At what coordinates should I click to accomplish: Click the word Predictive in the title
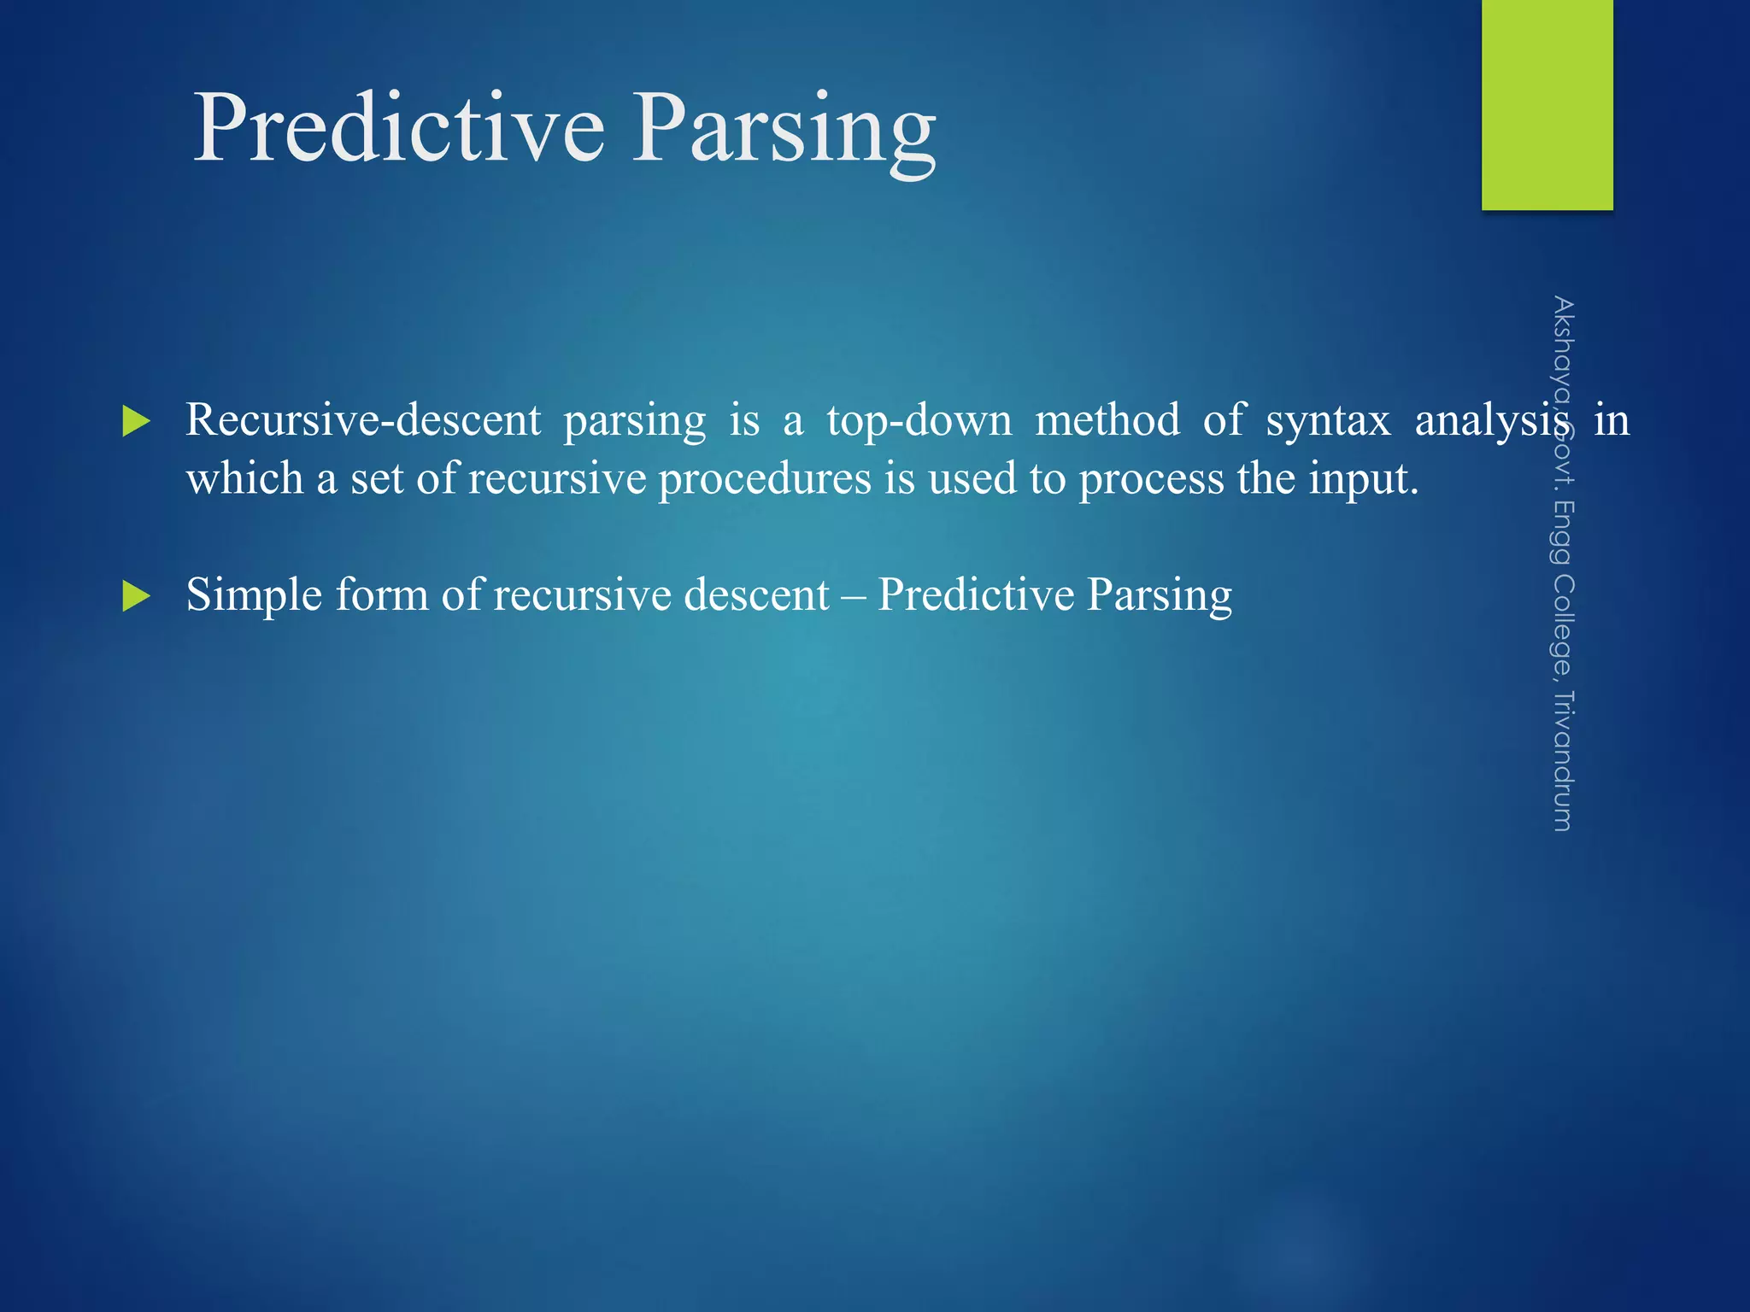(x=399, y=128)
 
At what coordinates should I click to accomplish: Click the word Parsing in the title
(x=784, y=128)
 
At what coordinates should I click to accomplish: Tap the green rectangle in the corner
(x=1547, y=104)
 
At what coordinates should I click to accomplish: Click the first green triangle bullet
(x=136, y=421)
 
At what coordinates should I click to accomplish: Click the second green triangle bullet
(x=136, y=595)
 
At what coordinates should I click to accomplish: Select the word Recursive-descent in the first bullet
(x=363, y=420)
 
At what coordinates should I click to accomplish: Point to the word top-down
(x=919, y=420)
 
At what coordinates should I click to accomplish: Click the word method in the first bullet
(x=1107, y=420)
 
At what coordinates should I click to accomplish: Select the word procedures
(x=765, y=478)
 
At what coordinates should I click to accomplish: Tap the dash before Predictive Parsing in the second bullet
(x=853, y=596)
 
